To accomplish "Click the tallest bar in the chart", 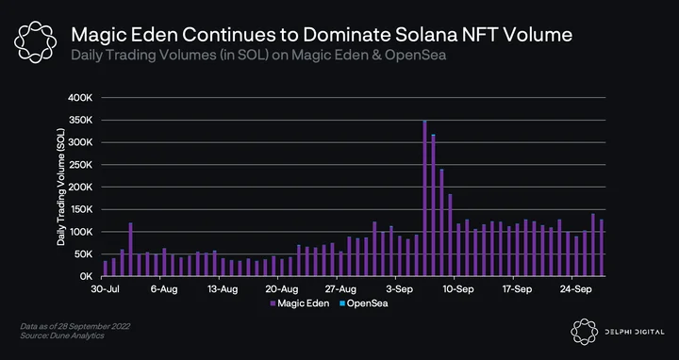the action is tap(424, 199).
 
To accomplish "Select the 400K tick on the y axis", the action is tap(80, 98).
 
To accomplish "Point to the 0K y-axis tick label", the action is tap(85, 276).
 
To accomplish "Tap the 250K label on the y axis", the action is tap(80, 165).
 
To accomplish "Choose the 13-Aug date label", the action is tap(223, 289).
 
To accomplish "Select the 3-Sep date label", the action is tap(400, 289).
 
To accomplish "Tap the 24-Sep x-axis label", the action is tap(576, 289).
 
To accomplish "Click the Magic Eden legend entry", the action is tap(300, 303).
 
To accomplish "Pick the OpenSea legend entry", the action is tap(364, 303).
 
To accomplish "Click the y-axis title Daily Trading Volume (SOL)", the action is tap(60, 187).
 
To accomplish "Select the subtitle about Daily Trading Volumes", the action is tap(258, 56).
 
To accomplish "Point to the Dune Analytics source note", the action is tap(62, 335).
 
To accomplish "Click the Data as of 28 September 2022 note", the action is tap(75, 326).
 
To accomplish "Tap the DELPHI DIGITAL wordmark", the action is tap(634, 332).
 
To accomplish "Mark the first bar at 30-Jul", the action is tap(106, 269).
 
